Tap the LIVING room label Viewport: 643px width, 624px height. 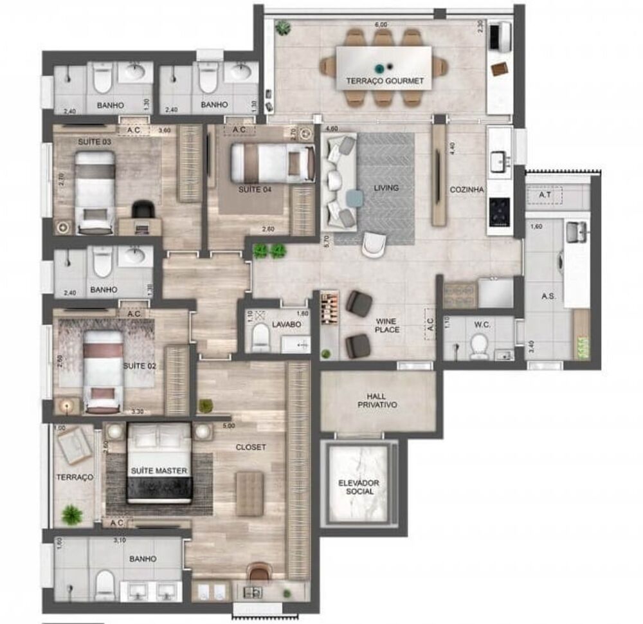tap(386, 188)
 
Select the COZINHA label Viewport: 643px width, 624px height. tap(467, 189)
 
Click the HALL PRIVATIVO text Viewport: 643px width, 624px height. tap(377, 400)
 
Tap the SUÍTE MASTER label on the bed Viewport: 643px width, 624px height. tap(159, 471)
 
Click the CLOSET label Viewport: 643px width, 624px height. tap(250, 447)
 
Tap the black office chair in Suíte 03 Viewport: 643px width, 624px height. tap(144, 209)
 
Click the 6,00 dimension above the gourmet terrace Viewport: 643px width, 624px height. tap(381, 24)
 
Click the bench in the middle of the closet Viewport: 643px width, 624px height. tap(249, 493)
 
